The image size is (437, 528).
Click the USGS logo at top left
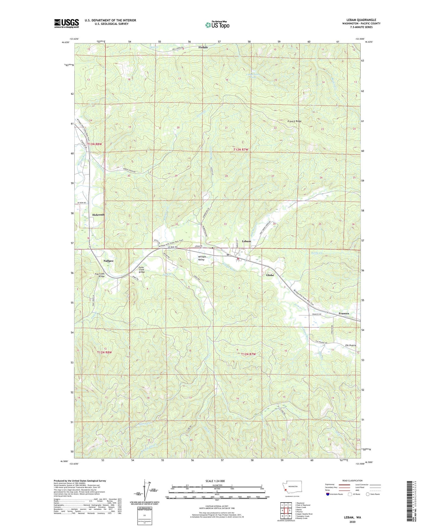pyautogui.click(x=66, y=23)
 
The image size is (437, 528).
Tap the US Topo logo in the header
pyautogui.click(x=217, y=24)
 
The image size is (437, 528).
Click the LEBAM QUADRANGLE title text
pyautogui.click(x=359, y=20)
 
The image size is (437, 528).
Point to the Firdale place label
pyautogui.click(x=203, y=47)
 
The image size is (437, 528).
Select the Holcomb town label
pyautogui.click(x=98, y=215)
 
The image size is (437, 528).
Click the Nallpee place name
pyautogui.click(x=108, y=261)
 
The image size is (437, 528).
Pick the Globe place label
pyautogui.click(x=270, y=275)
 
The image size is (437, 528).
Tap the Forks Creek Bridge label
pyautogui.click(x=142, y=269)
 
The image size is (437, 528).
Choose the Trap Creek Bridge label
pyautogui.click(x=99, y=275)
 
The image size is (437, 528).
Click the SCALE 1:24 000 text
pyautogui.click(x=215, y=481)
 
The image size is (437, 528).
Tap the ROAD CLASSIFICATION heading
pyautogui.click(x=352, y=481)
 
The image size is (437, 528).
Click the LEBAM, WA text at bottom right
pyautogui.click(x=352, y=517)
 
